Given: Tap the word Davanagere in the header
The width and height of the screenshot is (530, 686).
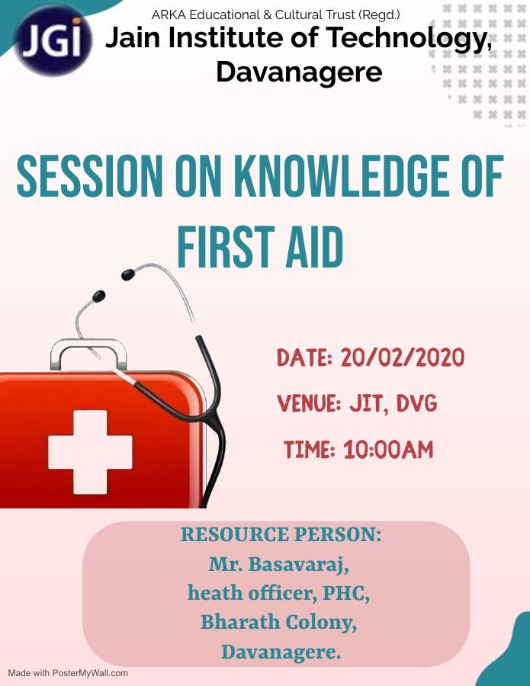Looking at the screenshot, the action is click(300, 72).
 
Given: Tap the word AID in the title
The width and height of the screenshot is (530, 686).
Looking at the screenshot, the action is click(314, 247).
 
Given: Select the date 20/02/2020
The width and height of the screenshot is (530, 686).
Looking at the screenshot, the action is click(402, 357).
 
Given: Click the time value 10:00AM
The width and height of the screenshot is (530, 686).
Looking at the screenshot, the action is click(388, 449).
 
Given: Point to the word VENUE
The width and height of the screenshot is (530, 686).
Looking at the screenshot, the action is click(309, 403).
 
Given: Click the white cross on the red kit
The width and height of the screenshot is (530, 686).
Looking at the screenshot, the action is click(90, 452).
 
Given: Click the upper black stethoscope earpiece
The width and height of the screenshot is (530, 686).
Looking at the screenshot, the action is click(128, 274).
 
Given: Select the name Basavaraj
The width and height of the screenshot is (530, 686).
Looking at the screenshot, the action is click(298, 565).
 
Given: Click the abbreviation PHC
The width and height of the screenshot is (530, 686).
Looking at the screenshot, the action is click(345, 593).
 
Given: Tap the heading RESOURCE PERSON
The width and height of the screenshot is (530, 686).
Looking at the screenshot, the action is click(281, 534).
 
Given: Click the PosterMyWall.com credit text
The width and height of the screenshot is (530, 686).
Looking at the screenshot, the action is click(68, 673).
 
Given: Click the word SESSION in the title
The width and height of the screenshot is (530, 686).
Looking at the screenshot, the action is click(90, 175).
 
